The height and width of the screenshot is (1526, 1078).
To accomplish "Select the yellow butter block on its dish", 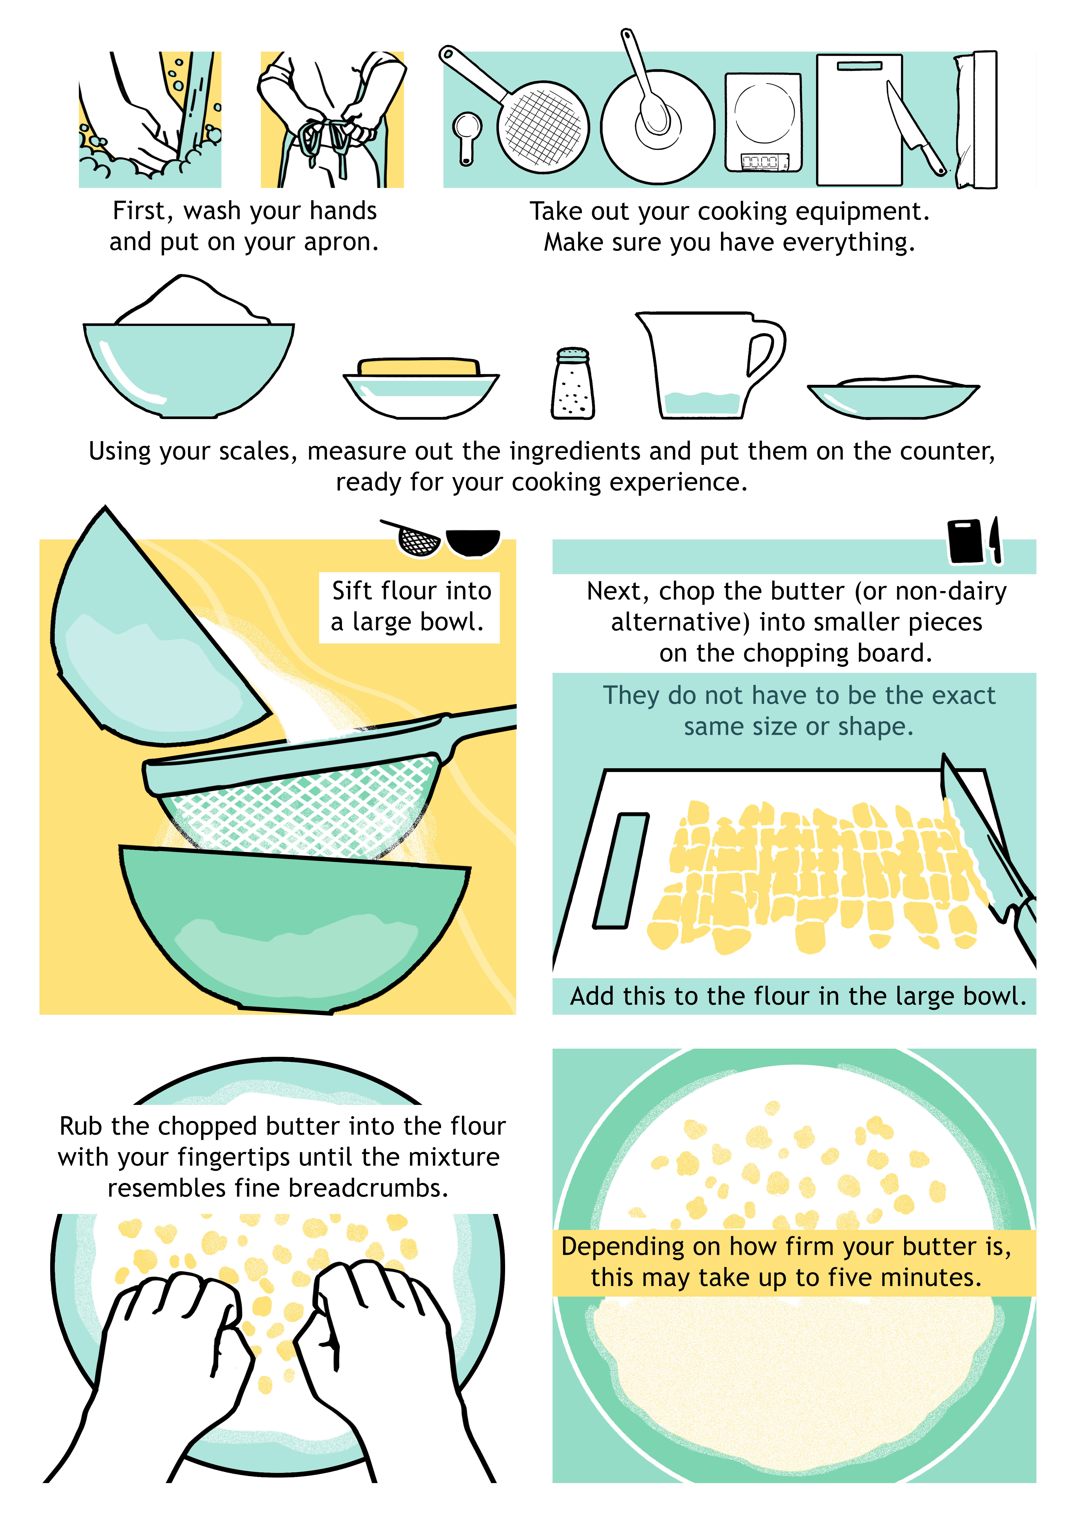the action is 418,367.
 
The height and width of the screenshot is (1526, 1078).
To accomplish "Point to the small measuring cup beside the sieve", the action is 467,136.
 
